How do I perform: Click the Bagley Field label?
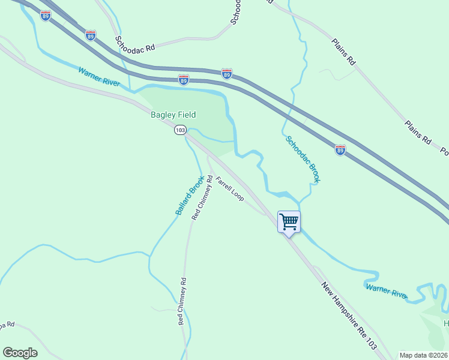[x=173, y=115]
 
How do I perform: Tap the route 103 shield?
[x=180, y=130]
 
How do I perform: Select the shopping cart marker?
[x=289, y=222]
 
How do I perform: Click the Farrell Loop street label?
[x=229, y=188]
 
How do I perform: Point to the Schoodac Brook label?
[x=303, y=159]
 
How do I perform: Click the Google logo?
[x=20, y=353]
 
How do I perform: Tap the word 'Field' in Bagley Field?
[x=187, y=115]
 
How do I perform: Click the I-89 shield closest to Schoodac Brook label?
[x=340, y=151]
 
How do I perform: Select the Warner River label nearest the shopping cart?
[x=387, y=291]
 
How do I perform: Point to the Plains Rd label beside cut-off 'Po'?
[x=418, y=133]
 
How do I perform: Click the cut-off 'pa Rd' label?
[x=7, y=325]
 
